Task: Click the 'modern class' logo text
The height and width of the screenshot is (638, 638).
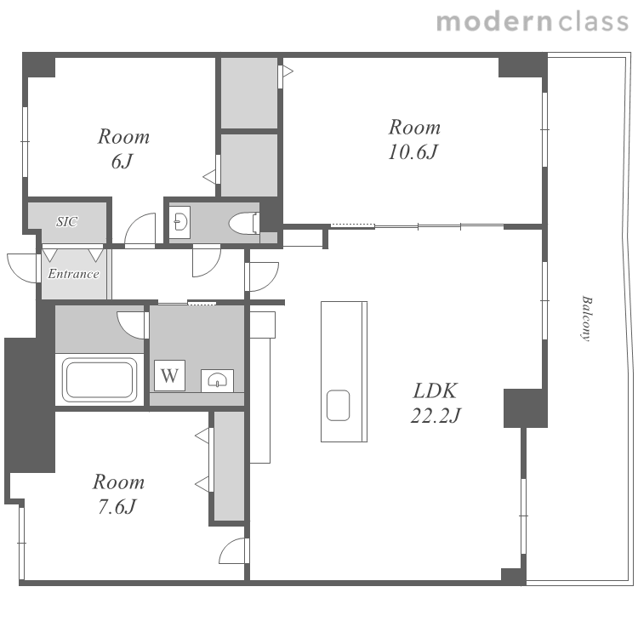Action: [533, 22]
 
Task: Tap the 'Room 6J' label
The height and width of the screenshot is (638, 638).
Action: [123, 149]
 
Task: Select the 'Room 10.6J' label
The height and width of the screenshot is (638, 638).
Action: [414, 140]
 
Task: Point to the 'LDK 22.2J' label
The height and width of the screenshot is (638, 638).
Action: [436, 403]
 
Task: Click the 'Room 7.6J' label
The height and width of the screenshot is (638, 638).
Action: [118, 494]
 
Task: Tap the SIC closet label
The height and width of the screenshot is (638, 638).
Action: [66, 221]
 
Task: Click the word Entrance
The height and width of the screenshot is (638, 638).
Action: [73, 273]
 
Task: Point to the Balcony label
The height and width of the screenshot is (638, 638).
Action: [586, 318]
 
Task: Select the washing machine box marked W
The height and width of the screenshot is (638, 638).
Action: [169, 375]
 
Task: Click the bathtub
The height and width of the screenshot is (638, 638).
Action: [100, 380]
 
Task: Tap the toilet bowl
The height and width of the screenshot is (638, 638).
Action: [244, 223]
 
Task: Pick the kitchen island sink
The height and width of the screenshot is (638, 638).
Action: [338, 405]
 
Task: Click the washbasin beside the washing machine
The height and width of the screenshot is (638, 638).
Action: [217, 380]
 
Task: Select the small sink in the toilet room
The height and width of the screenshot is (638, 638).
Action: [179, 222]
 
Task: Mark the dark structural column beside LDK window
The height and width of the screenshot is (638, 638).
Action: [526, 408]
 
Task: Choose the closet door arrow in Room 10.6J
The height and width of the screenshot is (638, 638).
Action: [288, 72]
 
